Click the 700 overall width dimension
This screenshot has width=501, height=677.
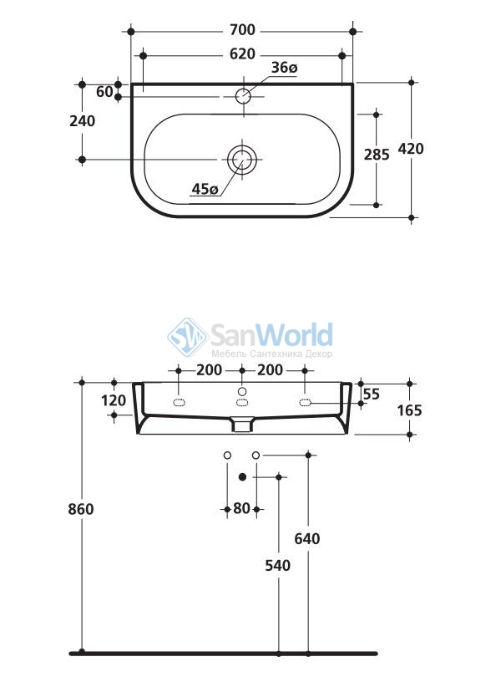[x=242, y=30]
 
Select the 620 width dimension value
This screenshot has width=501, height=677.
[x=242, y=54]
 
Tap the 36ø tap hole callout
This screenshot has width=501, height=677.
[x=284, y=68]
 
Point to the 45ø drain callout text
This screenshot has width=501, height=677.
[x=205, y=189]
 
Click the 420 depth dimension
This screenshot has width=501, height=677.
[x=410, y=149]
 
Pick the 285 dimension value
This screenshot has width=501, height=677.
[x=377, y=155]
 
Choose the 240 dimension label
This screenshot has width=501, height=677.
[x=83, y=121]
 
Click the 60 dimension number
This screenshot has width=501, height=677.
[x=104, y=92]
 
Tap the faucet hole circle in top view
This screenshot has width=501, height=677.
[x=243, y=95]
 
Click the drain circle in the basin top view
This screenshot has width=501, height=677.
[x=242, y=160]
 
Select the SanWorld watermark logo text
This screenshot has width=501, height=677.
[x=272, y=335]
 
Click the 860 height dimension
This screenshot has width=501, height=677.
[x=81, y=510]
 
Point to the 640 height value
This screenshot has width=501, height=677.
[x=307, y=539]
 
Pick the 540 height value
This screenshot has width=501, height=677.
[x=278, y=566]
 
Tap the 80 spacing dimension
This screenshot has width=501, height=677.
[x=241, y=509]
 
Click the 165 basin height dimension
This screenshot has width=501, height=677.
[x=409, y=410]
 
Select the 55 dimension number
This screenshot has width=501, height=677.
[x=372, y=394]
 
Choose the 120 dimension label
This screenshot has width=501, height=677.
[x=114, y=400]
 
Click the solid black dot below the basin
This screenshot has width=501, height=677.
[x=242, y=476]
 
